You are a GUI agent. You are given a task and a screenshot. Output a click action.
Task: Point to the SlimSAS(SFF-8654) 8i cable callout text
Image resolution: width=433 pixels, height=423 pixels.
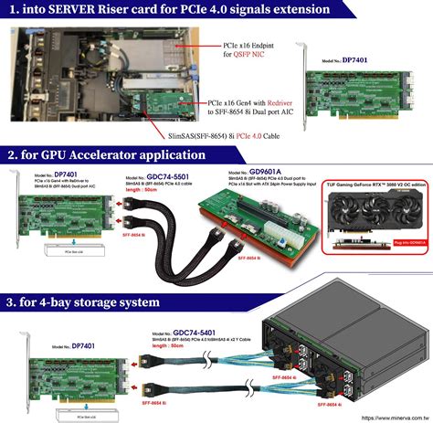[x=238, y=135]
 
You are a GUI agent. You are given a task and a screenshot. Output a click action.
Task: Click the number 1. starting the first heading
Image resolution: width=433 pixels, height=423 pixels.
[x=14, y=11]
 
